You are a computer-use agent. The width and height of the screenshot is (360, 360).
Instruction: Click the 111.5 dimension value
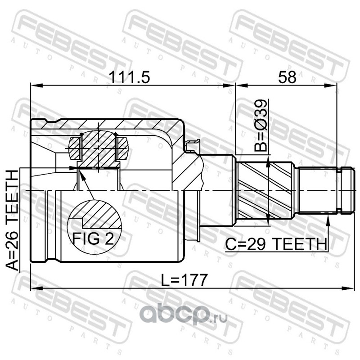(129, 77)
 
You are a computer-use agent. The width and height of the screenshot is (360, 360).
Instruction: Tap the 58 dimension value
(287, 77)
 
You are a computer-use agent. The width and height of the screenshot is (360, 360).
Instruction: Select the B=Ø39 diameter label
(261, 126)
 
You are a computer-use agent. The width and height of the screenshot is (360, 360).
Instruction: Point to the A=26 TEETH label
(12, 220)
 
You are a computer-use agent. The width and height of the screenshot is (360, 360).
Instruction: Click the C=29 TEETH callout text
(276, 244)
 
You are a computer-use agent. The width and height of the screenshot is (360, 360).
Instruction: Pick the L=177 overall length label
(184, 280)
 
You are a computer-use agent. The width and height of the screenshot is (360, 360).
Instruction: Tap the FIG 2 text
(93, 239)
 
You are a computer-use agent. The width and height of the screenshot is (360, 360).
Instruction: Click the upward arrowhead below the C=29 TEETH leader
(328, 219)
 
